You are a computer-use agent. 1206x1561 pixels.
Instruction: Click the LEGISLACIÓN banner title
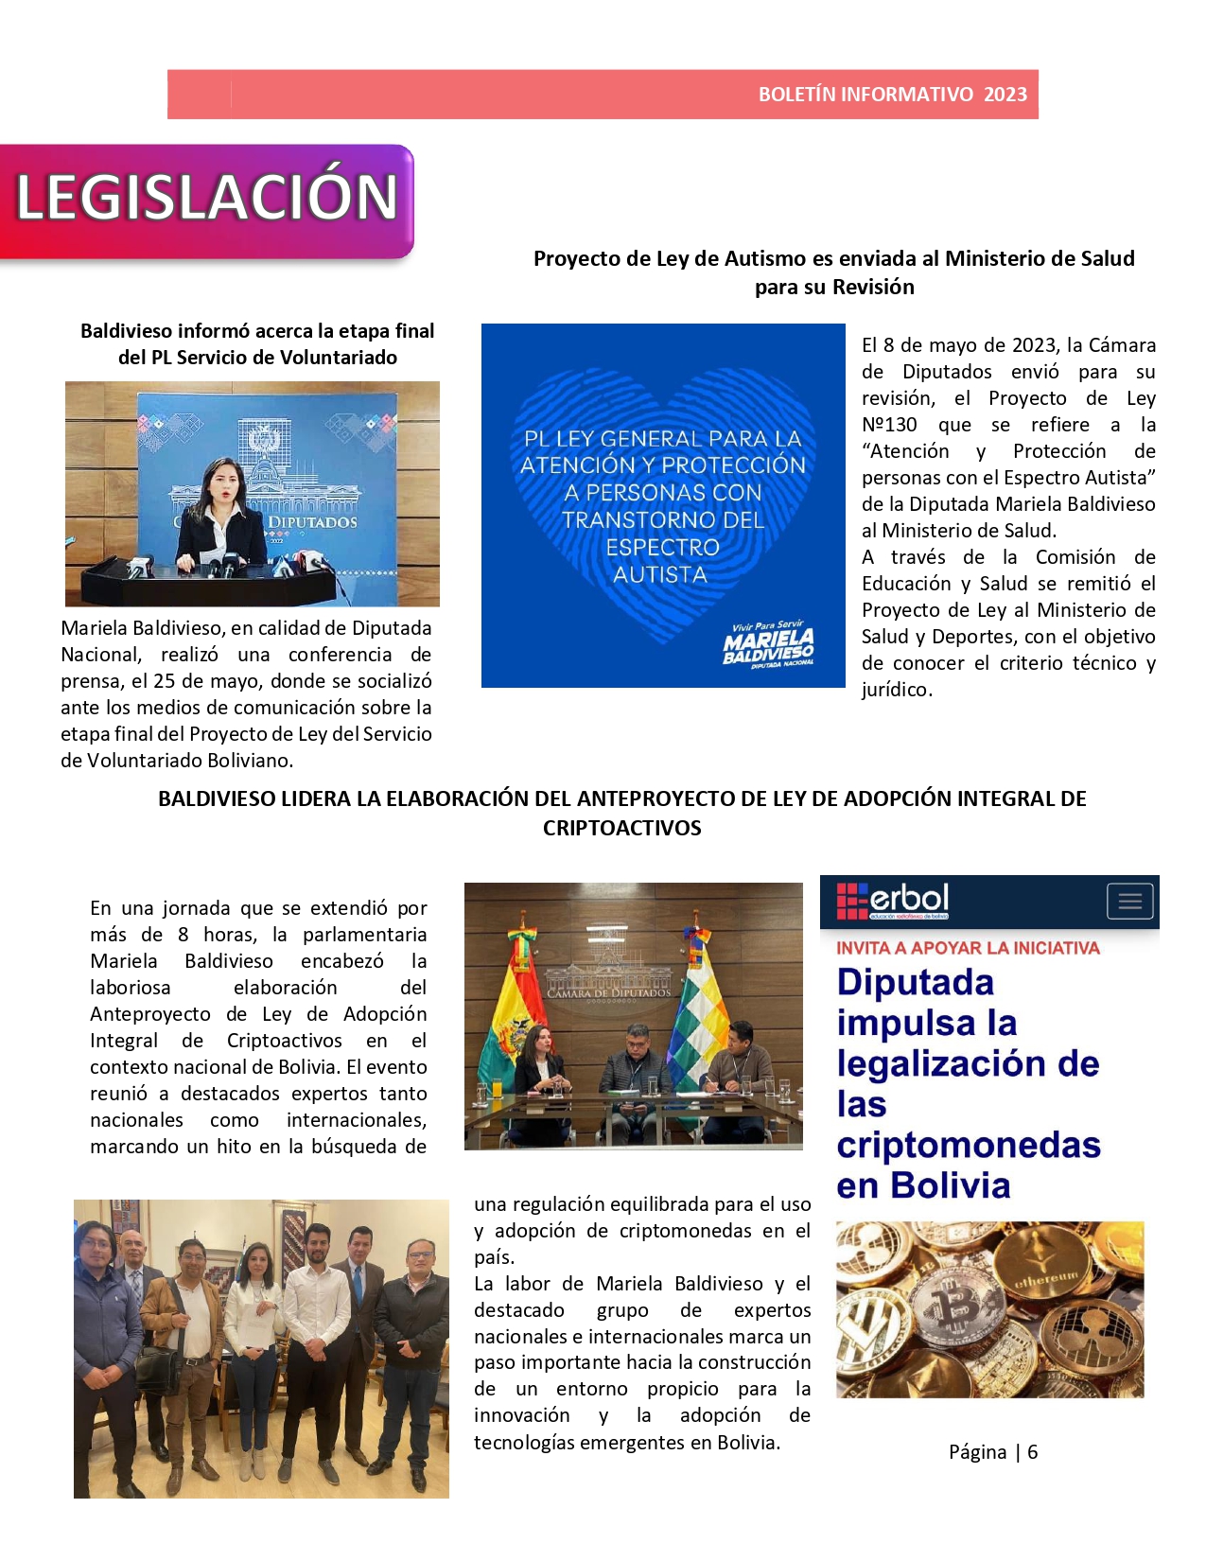click(x=207, y=198)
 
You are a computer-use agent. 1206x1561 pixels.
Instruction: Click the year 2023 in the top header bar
click(x=1005, y=95)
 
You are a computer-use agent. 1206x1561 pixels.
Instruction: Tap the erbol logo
click(x=894, y=901)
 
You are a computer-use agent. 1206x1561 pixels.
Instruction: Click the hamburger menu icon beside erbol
click(x=1130, y=902)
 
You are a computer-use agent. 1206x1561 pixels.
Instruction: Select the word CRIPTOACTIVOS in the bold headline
click(x=621, y=829)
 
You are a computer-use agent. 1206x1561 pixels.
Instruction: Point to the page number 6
click(x=1032, y=1452)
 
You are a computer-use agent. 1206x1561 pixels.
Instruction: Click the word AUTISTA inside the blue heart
click(x=660, y=575)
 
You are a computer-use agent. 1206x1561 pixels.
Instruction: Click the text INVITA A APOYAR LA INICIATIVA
click(x=968, y=948)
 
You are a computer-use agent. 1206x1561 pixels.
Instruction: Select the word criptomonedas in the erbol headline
click(x=969, y=1146)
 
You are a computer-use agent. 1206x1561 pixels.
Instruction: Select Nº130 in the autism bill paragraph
click(x=888, y=426)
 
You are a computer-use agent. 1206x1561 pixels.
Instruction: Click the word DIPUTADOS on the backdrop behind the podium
click(x=312, y=522)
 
